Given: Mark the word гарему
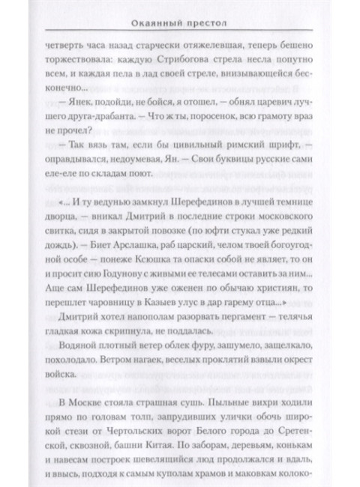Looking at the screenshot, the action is [250, 327].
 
